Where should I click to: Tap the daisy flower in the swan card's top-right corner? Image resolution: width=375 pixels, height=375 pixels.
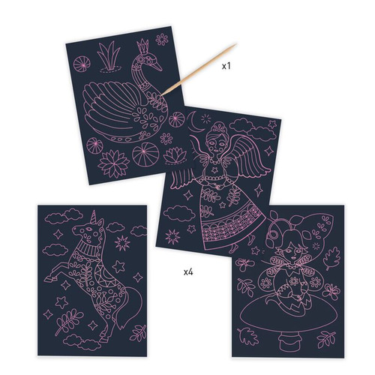[161, 39]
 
